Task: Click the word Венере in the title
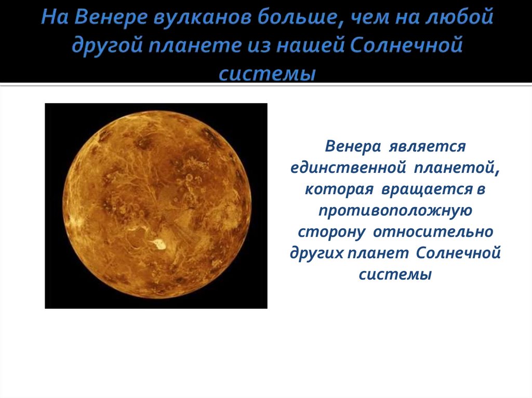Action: pos(111,17)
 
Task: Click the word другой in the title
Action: pos(107,46)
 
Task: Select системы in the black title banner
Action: pos(268,73)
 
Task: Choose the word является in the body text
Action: pos(428,147)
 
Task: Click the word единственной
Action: pos(348,168)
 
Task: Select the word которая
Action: pos(339,189)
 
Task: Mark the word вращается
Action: pos(427,189)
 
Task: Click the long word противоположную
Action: pos(395,211)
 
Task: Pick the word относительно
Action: pos(433,232)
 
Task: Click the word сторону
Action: pos(331,232)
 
